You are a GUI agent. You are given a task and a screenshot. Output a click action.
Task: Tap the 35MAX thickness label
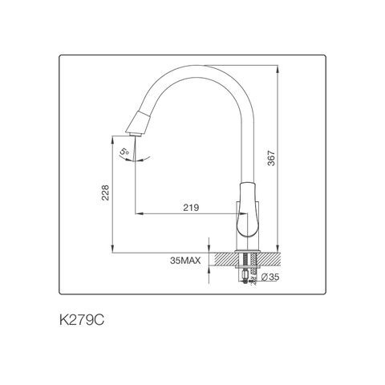coord(185,261)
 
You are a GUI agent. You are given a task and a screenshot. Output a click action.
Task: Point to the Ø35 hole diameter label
coord(270,278)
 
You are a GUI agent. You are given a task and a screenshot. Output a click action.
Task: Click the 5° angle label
coord(124,150)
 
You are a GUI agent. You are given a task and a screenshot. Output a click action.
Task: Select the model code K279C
coord(81,319)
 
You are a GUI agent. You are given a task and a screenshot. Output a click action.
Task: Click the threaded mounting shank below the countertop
coord(246,271)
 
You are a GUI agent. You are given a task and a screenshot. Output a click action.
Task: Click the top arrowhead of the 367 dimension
coord(278,68)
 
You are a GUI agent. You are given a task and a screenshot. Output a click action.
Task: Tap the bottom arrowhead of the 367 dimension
coord(278,250)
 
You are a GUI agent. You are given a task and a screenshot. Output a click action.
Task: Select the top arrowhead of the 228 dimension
coord(112,138)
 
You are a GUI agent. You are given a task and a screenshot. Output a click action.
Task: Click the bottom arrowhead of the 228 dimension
coord(112,250)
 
